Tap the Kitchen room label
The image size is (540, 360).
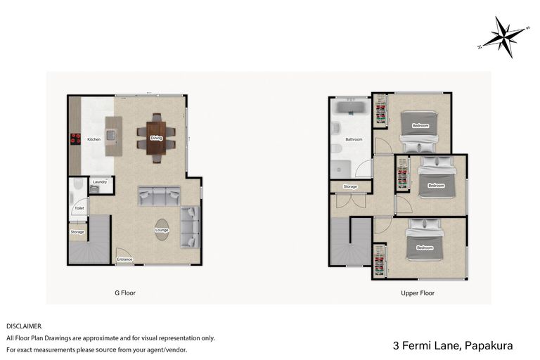[94, 139]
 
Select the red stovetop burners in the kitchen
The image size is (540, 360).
[73, 139]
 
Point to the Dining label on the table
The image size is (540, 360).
[156, 138]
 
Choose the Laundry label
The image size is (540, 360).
[99, 182]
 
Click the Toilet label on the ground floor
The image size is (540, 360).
[79, 209]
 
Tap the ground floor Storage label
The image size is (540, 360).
[77, 231]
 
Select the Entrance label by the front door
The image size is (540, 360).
[124, 259]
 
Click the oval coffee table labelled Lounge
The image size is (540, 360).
[162, 230]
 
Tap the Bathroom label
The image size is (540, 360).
[354, 139]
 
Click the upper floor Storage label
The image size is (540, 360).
[350, 186]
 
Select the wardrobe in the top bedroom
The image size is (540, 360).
[380, 111]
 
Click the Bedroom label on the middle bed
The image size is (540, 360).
[436, 186]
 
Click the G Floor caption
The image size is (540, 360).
[125, 293]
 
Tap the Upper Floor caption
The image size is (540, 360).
[418, 293]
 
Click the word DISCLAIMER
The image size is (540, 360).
[24, 326]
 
